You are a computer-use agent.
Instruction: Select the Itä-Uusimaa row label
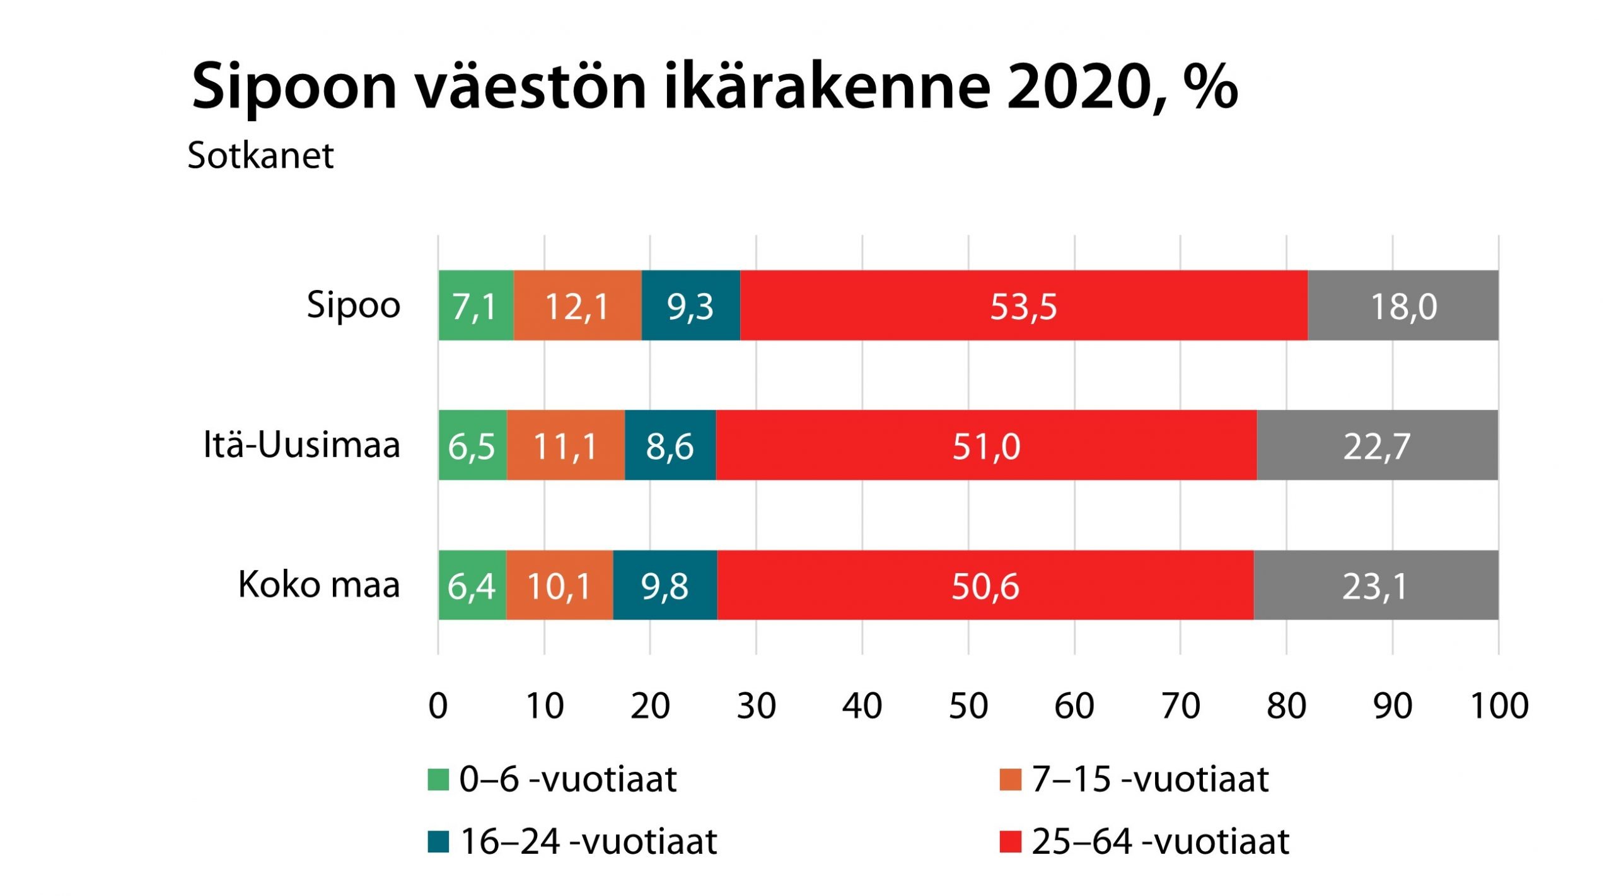tap(301, 445)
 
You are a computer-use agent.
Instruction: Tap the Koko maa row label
tap(318, 585)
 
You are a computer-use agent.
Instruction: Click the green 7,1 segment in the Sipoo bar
tap(475, 306)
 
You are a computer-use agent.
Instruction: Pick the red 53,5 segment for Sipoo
tap(1023, 306)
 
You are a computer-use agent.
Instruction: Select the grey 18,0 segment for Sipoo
tap(1403, 306)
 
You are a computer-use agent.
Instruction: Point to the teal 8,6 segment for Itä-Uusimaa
tap(670, 446)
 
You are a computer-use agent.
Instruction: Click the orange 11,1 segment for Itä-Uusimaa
tap(565, 446)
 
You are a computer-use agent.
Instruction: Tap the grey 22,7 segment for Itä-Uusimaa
tap(1376, 446)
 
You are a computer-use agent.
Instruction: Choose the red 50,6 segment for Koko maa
tap(985, 586)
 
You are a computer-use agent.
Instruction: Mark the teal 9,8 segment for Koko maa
tap(665, 586)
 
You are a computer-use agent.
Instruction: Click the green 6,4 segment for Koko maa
tap(472, 586)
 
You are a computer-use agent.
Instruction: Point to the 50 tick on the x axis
tap(968, 706)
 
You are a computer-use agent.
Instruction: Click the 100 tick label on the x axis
tap(1499, 706)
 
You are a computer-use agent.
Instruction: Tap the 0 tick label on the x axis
tap(438, 706)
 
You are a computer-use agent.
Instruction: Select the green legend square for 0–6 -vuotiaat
tap(438, 779)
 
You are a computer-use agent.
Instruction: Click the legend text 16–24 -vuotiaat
tap(589, 842)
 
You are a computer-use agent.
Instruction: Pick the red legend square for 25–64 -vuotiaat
tap(1010, 842)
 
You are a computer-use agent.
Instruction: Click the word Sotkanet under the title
tap(260, 155)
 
